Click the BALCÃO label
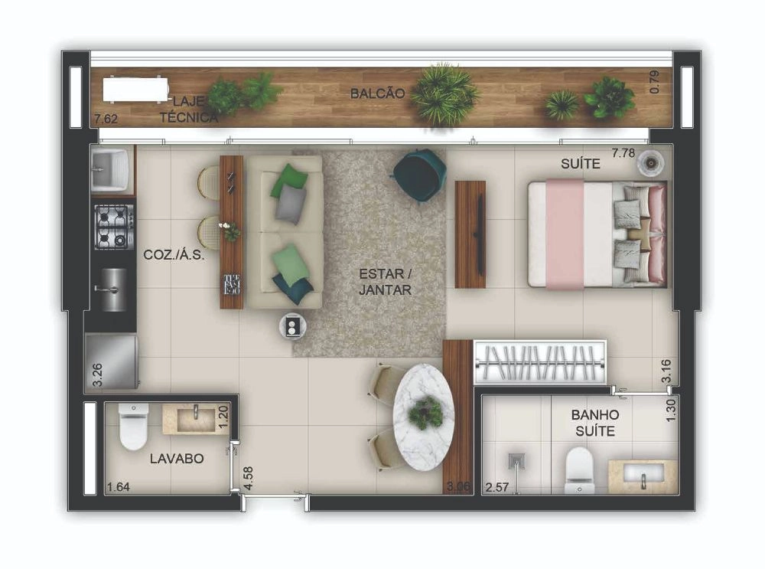(378, 93)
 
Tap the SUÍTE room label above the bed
(580, 164)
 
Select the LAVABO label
(177, 458)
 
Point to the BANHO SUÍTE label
(594, 423)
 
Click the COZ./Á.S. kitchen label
(174, 254)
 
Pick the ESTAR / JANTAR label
(385, 281)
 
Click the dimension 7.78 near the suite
(623, 153)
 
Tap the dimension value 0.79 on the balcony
(654, 82)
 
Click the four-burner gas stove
(115, 227)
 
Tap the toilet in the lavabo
(133, 426)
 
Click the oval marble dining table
(424, 417)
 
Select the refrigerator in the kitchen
(112, 361)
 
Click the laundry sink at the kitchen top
(109, 170)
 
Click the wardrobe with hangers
(539, 363)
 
